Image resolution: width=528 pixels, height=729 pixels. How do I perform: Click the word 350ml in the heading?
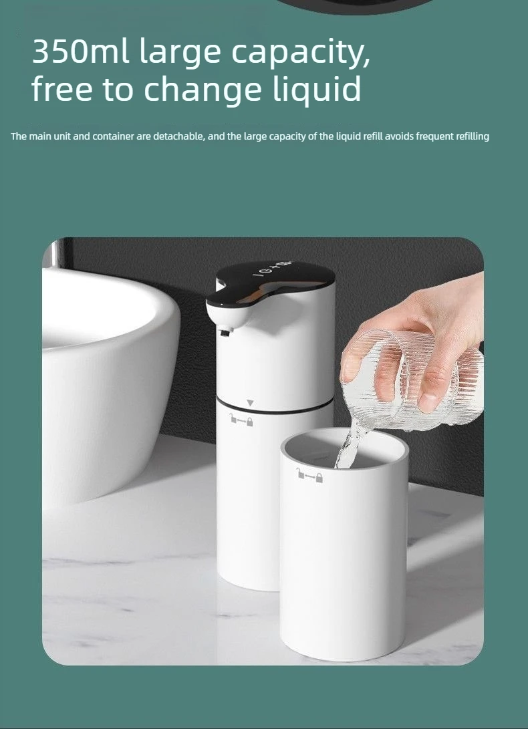coord(80,51)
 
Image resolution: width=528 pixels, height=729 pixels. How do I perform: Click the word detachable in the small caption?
coord(178,137)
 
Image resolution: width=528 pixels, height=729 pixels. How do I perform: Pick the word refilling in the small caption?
coord(472,137)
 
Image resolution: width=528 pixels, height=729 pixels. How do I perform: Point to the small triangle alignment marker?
coord(250,403)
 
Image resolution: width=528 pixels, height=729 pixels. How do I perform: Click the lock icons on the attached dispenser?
coord(241,421)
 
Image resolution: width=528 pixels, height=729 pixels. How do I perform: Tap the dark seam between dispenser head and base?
coord(275,406)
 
